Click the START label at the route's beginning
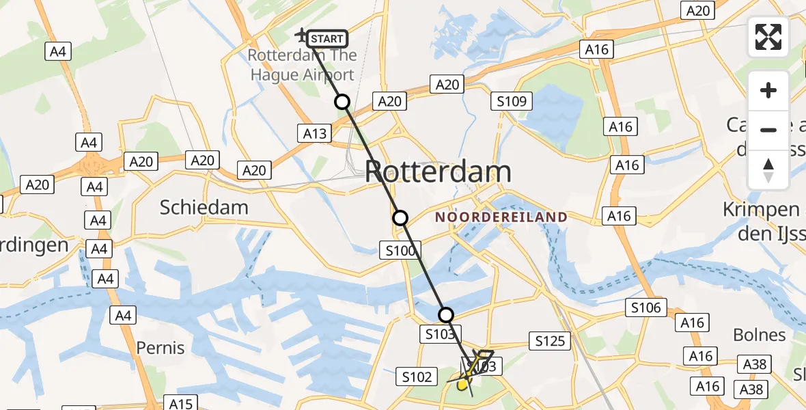[x=327, y=39]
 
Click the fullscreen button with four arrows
[x=768, y=37]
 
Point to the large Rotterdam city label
[x=438, y=172]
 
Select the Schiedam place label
[x=204, y=207]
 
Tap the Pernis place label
[x=161, y=348]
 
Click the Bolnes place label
[x=759, y=335]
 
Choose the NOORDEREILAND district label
[x=501, y=217]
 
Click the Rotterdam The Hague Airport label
[x=302, y=65]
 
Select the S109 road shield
[x=512, y=102]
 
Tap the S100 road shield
[x=400, y=251]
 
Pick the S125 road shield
[x=550, y=340]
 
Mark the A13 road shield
[x=315, y=134]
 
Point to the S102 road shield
[x=417, y=377]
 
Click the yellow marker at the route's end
[x=462, y=385]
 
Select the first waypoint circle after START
[x=342, y=102]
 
